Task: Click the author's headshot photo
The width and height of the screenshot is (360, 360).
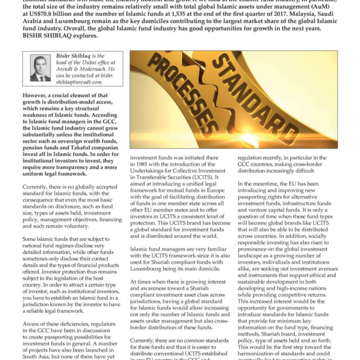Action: tap(40, 68)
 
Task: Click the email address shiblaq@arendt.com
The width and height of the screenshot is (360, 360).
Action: tap(78, 83)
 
